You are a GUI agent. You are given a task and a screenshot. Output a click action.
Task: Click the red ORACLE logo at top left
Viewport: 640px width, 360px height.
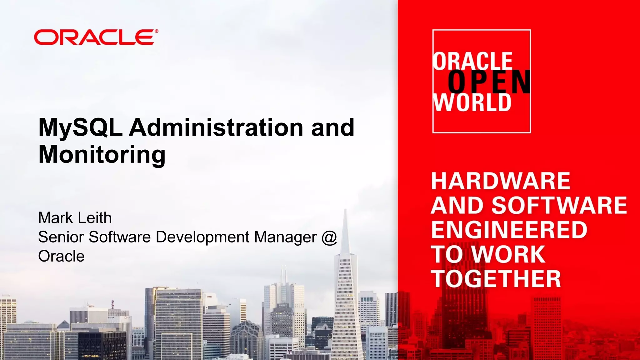tap(94, 37)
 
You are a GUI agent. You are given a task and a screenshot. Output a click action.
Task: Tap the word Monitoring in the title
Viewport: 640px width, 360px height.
tap(102, 154)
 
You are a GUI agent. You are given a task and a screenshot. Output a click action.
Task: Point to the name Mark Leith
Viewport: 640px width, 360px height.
tap(75, 218)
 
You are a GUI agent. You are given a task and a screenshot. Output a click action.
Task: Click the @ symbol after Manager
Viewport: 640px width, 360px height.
tap(329, 237)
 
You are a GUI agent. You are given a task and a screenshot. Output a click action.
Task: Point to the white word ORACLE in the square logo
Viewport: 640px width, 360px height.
tap(472, 61)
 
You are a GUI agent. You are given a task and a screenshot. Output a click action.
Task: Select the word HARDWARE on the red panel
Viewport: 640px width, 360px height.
tap(501, 181)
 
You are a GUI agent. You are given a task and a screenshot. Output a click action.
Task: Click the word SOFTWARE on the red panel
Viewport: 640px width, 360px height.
tap(559, 205)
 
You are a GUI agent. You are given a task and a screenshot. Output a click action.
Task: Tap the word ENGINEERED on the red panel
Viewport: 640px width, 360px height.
tap(509, 230)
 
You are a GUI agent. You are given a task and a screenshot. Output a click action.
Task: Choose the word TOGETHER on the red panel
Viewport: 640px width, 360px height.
tap(496, 279)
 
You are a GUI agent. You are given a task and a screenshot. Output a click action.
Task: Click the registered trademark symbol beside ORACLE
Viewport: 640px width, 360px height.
tap(156, 31)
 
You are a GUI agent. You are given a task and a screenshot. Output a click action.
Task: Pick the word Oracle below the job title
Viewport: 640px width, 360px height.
tap(61, 256)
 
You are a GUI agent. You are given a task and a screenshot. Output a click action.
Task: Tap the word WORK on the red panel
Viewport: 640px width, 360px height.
tap(508, 254)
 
